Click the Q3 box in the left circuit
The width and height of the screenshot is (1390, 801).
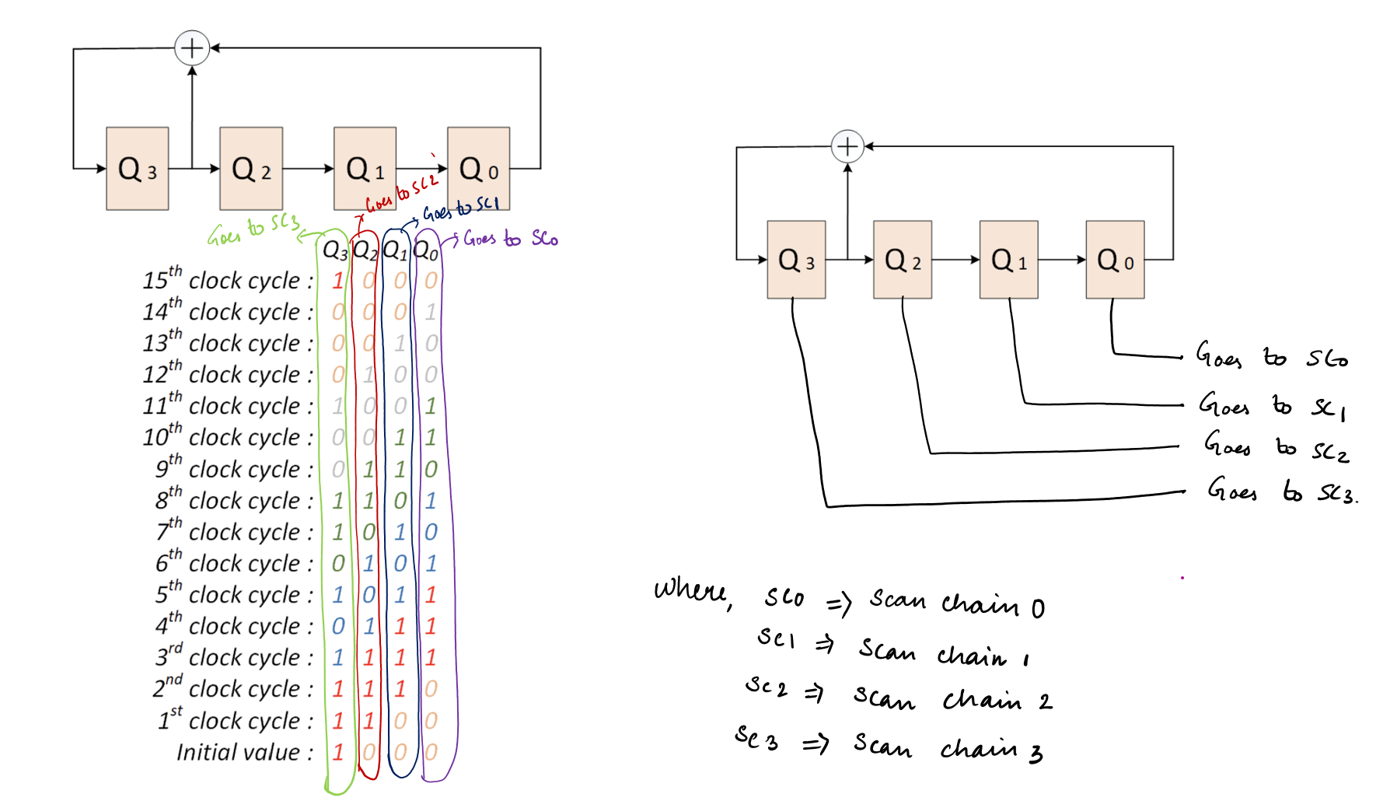137,169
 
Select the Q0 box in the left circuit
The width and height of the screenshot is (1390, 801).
478,169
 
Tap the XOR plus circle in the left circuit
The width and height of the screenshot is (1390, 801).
192,48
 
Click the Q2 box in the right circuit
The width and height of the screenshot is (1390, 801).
902,260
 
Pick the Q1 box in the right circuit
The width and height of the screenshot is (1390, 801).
1008,260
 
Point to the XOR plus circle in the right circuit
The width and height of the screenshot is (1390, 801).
847,146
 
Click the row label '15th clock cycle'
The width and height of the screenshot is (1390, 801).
228,280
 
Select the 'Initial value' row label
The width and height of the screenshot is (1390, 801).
244,752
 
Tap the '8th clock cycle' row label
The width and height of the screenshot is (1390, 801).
234,500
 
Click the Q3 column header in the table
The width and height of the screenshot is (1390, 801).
335,250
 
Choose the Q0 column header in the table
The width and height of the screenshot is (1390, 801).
426,250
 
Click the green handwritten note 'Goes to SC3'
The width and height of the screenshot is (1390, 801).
253,229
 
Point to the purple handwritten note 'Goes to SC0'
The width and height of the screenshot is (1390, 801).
511,239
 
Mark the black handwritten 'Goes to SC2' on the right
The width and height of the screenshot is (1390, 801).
1276,448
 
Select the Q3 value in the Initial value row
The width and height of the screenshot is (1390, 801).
338,752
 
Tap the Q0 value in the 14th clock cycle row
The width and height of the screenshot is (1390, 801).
431,312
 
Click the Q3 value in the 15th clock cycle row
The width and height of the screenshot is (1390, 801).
338,280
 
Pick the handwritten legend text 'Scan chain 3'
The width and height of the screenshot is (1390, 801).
948,747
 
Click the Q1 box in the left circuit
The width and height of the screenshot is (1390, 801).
365,169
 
